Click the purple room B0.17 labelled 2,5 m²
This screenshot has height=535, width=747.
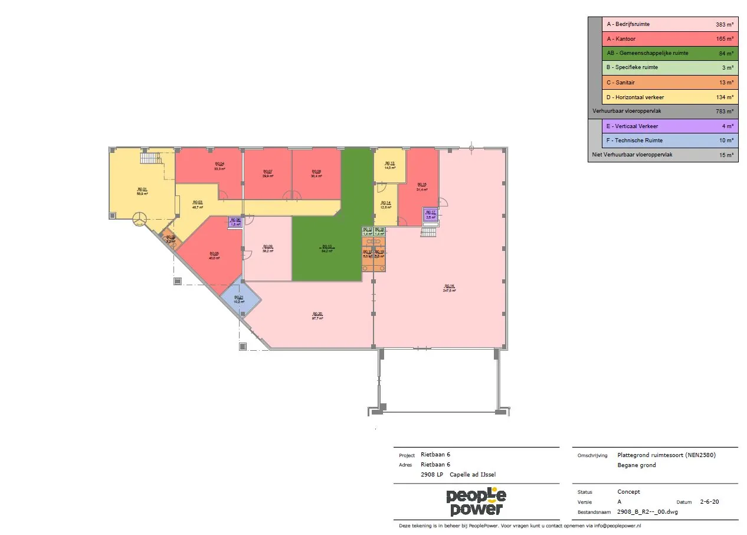tap(430, 215)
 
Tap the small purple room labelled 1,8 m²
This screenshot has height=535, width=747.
tap(235, 223)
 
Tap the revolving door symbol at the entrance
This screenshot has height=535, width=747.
tap(140, 219)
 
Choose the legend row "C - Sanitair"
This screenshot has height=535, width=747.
tap(669, 82)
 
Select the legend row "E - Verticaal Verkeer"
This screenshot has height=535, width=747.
tap(669, 126)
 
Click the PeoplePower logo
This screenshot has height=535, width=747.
tap(476, 503)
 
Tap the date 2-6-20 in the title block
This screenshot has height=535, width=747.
tap(709, 502)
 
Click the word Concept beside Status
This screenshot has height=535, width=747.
tap(628, 491)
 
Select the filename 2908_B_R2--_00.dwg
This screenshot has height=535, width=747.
tap(647, 512)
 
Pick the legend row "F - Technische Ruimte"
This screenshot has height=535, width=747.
tap(669, 141)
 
